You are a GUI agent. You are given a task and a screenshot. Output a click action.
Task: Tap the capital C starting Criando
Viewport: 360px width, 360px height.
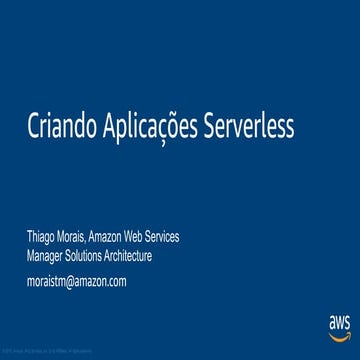[x=34, y=128]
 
